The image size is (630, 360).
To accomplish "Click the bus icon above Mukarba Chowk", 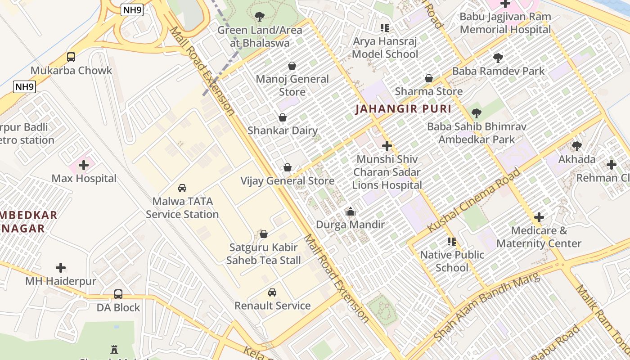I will pyautogui.click(x=71, y=57).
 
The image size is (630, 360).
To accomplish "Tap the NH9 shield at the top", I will pyautogui.click(x=132, y=10).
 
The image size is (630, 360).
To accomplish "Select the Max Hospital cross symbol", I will pyautogui.click(x=84, y=165).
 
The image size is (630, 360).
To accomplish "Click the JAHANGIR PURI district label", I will pyautogui.click(x=403, y=109).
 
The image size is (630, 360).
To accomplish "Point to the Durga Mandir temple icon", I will pyautogui.click(x=351, y=211).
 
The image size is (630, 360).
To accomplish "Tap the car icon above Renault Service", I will pyautogui.click(x=272, y=292).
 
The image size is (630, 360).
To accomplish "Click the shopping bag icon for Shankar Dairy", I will pyautogui.click(x=283, y=118).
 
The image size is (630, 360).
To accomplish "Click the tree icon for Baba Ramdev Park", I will pyautogui.click(x=498, y=58).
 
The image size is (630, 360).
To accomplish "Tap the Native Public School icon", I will pyautogui.click(x=452, y=242).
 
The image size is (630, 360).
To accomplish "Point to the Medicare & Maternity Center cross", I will pyautogui.click(x=539, y=218).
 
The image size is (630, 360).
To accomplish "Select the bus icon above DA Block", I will pyautogui.click(x=118, y=294).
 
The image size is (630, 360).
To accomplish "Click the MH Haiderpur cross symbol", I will pyautogui.click(x=61, y=268).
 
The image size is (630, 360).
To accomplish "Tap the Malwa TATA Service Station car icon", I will pyautogui.click(x=182, y=188).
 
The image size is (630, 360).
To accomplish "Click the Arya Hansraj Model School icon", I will pyautogui.click(x=385, y=28).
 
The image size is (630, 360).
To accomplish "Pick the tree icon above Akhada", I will pyautogui.click(x=576, y=146).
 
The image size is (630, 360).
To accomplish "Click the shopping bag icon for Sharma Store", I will pyautogui.click(x=429, y=78).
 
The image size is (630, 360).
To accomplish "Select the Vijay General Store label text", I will pyautogui.click(x=288, y=181).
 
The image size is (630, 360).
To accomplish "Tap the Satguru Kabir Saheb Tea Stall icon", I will pyautogui.click(x=264, y=234).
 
